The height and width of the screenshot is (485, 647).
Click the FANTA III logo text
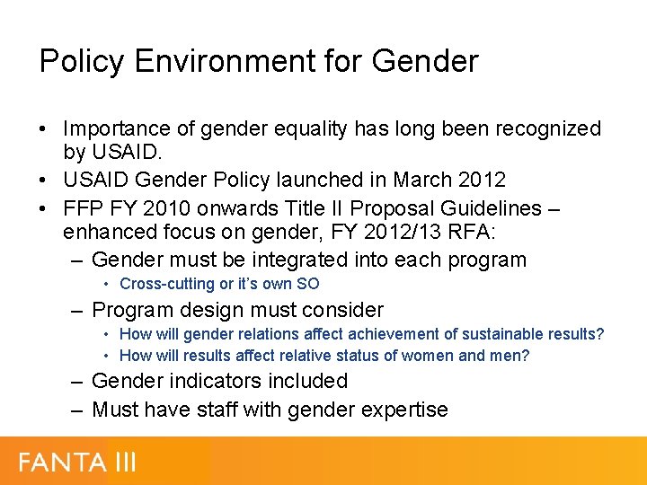(77, 463)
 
